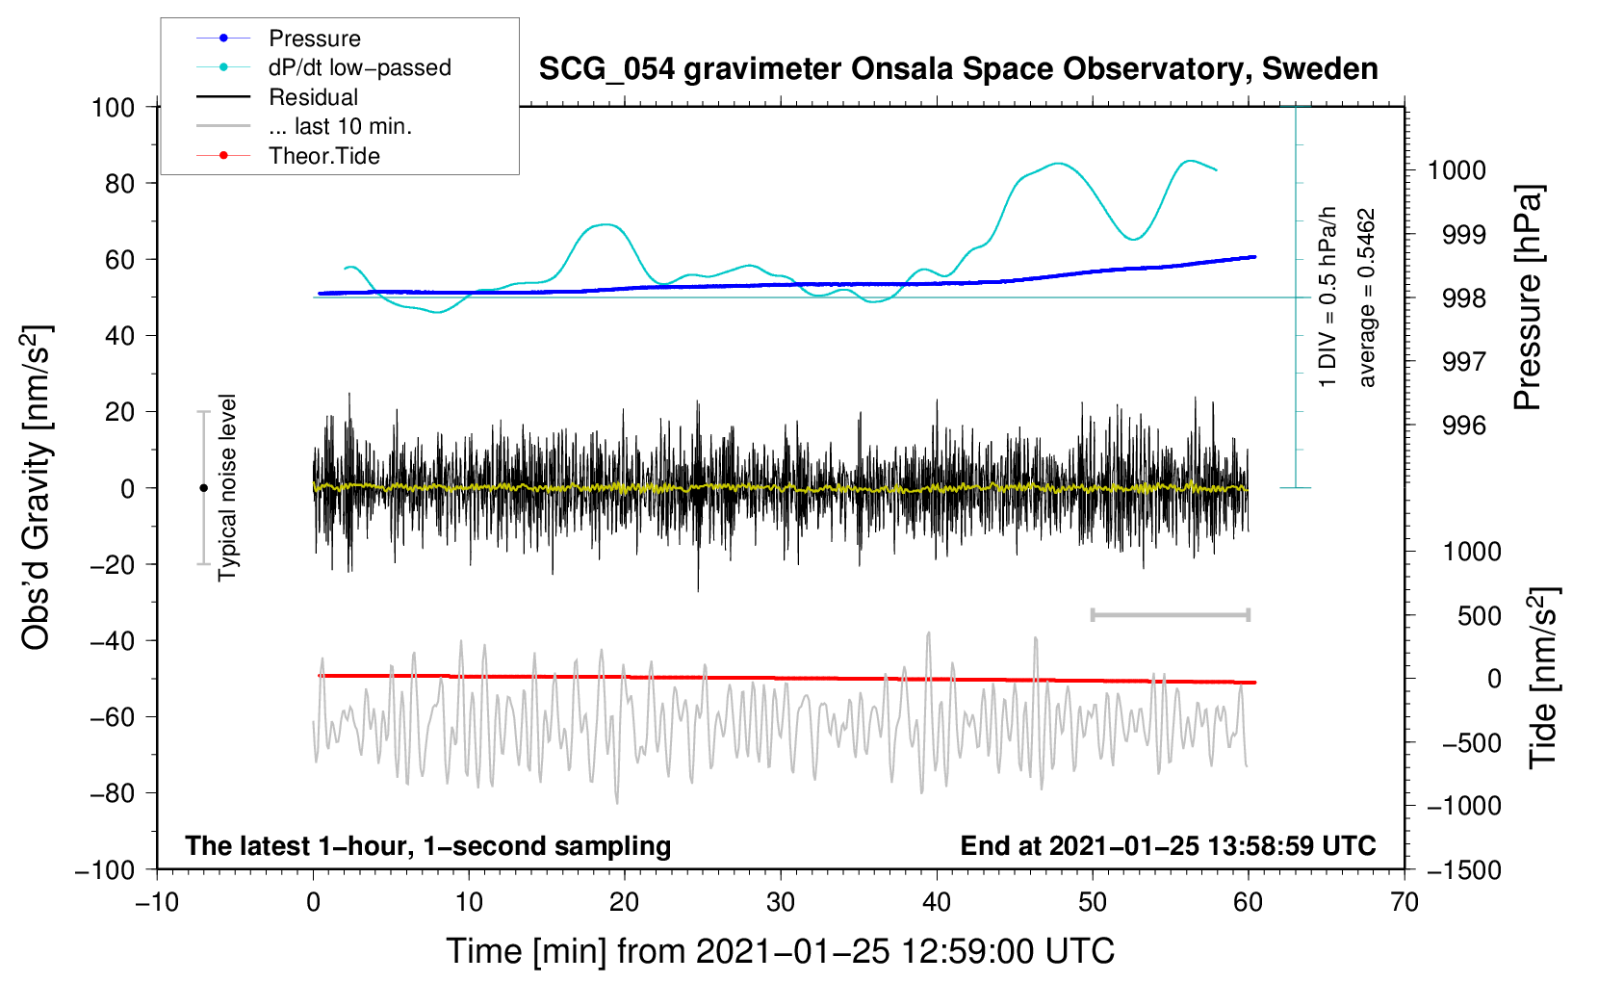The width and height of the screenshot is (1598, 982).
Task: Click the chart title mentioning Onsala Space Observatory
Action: click(958, 69)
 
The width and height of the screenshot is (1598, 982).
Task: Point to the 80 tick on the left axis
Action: click(119, 184)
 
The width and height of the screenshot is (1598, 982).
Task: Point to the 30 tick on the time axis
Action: click(781, 903)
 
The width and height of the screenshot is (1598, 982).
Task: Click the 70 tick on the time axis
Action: click(1404, 903)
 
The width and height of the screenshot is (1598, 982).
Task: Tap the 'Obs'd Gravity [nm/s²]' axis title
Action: click(36, 487)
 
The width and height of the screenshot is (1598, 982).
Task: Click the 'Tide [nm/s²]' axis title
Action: click(1543, 678)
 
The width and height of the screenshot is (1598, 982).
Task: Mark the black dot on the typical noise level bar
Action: click(203, 488)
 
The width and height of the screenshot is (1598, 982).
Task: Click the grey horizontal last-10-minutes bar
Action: click(1170, 615)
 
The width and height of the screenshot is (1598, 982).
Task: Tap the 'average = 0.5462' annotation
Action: click(1365, 297)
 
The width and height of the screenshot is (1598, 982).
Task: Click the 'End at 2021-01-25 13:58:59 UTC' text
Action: click(1168, 845)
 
